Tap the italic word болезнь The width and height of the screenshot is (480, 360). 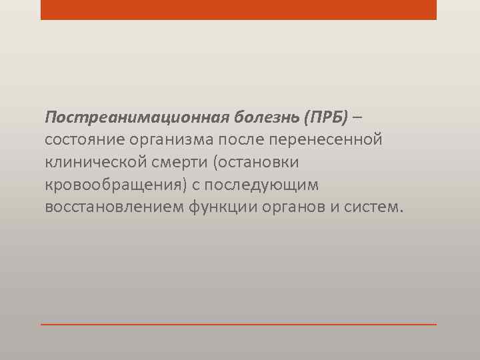(x=265, y=118)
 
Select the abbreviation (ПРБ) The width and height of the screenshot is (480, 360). (x=326, y=118)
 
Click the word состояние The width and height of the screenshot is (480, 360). (x=77, y=140)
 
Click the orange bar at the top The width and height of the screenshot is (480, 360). (x=239, y=9)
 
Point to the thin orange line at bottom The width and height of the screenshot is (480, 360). (x=239, y=325)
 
